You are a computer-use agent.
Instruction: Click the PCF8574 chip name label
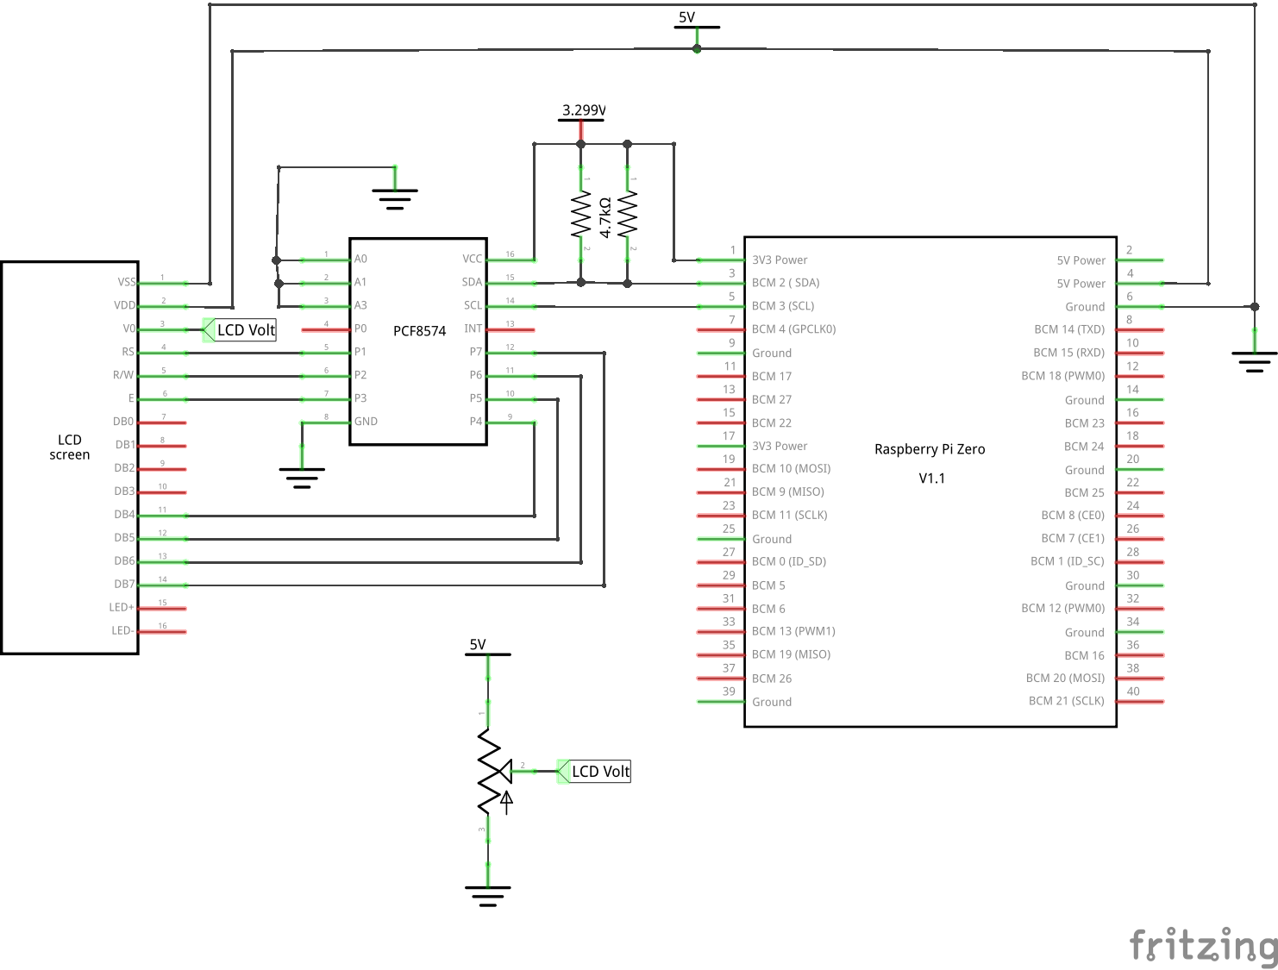coord(419,331)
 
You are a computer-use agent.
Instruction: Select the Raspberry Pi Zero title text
coord(929,449)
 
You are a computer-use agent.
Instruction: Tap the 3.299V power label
coord(583,110)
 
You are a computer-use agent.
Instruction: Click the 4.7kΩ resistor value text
coord(605,217)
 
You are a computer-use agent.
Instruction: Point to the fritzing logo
coord(1203,945)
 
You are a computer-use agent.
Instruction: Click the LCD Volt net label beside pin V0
coord(245,330)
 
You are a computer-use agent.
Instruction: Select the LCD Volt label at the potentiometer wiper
coord(600,772)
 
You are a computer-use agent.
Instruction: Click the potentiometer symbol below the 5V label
coord(491,772)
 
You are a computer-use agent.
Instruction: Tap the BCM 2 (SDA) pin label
coord(785,283)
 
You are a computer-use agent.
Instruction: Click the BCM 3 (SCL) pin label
coord(782,306)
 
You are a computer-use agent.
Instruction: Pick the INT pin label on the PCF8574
coord(473,329)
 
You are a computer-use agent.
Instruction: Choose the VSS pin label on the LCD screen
coord(127,282)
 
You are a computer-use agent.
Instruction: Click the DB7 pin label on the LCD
coord(124,585)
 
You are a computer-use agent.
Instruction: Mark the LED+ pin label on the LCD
coord(122,608)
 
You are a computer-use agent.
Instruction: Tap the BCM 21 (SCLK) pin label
coord(1066,701)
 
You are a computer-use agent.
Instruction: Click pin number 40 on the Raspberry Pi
coord(1133,692)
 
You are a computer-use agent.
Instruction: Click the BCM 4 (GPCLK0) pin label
coord(793,329)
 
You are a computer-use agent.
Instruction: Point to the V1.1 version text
coord(931,479)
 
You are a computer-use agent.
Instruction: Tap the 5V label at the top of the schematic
coord(686,17)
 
